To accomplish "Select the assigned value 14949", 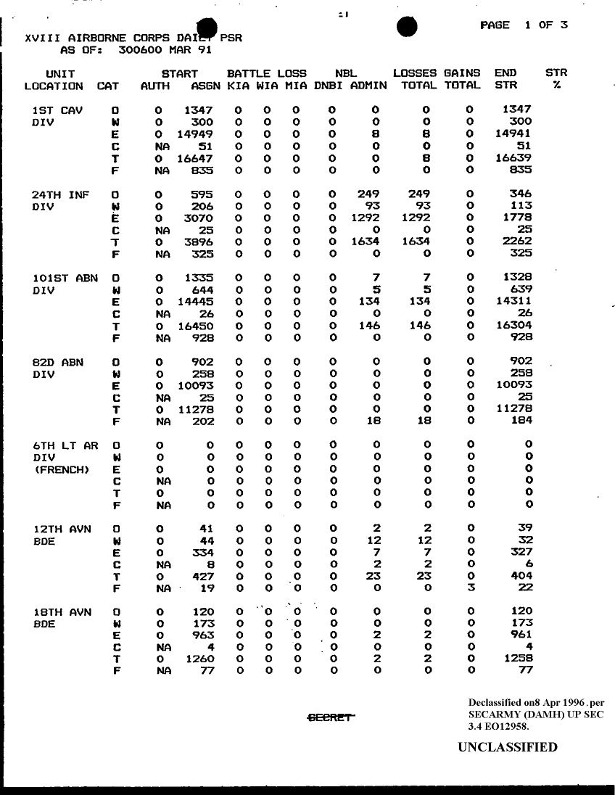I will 196,134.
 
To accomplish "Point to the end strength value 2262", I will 517,242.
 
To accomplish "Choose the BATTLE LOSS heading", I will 266,73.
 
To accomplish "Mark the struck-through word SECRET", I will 331,718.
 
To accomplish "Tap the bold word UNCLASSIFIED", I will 508,747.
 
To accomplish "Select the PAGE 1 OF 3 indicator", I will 524,25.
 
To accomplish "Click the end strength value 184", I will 520,420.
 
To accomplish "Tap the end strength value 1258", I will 517,659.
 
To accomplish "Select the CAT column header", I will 107,86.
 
